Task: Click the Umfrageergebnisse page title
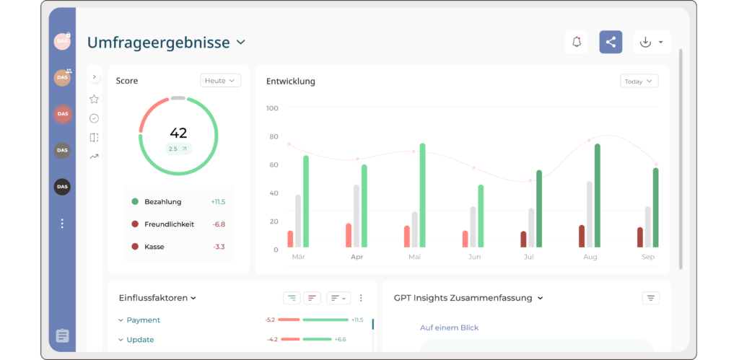click(x=158, y=43)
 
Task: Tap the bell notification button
click(x=576, y=43)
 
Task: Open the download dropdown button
click(x=652, y=43)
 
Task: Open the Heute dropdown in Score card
click(x=220, y=81)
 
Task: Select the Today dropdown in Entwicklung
click(x=639, y=82)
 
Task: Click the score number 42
click(x=178, y=133)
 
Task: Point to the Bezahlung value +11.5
click(x=218, y=202)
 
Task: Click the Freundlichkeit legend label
click(x=169, y=224)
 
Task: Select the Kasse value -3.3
click(x=219, y=247)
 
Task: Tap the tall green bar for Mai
click(x=422, y=195)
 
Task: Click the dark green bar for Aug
click(x=598, y=195)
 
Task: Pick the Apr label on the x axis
click(x=357, y=257)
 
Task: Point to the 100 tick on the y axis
click(x=272, y=108)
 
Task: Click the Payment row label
click(x=143, y=320)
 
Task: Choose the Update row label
click(x=140, y=340)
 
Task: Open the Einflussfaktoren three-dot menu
click(x=361, y=298)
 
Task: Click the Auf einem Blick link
click(x=449, y=328)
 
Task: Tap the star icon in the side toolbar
click(x=94, y=99)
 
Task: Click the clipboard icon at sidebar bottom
click(x=62, y=335)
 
